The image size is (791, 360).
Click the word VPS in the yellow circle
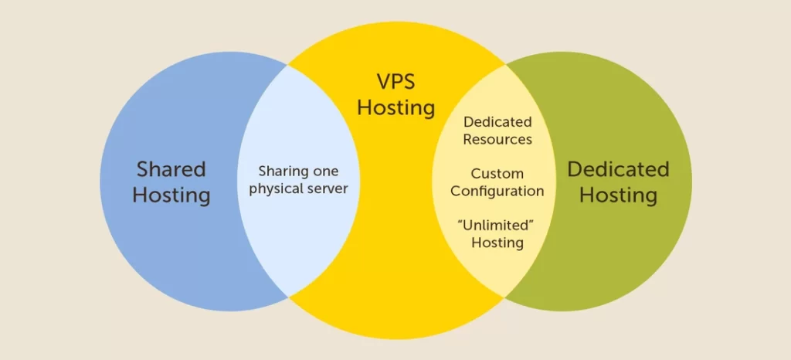(x=396, y=82)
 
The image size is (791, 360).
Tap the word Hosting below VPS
(x=396, y=108)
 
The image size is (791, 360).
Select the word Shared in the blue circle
(x=171, y=169)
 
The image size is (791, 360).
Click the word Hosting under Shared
(x=171, y=195)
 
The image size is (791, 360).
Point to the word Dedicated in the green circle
(x=619, y=169)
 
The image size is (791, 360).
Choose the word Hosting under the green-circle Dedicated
(x=619, y=195)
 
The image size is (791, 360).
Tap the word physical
(x=277, y=189)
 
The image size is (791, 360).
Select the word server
(x=329, y=189)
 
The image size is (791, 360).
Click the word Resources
(x=497, y=139)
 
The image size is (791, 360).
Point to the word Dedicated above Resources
(x=497, y=121)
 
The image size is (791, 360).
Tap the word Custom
(x=497, y=174)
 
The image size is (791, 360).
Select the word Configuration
(x=497, y=192)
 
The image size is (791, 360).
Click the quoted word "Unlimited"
(x=497, y=225)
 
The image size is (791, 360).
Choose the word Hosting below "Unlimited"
(x=497, y=243)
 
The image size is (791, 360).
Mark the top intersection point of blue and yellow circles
(x=288, y=65)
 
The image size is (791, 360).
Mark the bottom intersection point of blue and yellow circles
(x=288, y=297)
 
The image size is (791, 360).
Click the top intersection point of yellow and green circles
(x=504, y=65)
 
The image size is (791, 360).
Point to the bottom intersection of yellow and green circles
(x=504, y=297)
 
